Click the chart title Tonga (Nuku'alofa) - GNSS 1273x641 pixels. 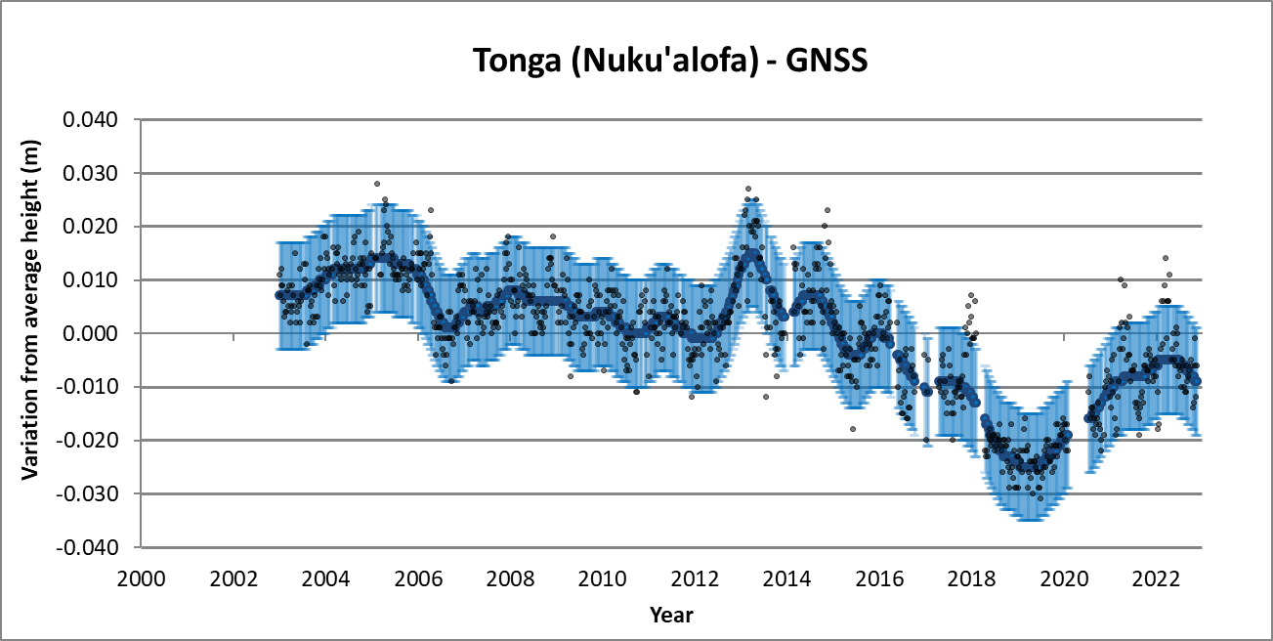[671, 61]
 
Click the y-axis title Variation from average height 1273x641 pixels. [30, 333]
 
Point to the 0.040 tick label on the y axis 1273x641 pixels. [90, 120]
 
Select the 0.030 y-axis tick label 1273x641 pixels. [90, 174]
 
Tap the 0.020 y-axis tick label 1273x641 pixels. [90, 227]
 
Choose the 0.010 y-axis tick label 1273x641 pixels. [90, 280]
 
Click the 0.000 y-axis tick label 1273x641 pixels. [90, 334]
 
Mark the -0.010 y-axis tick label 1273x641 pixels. [87, 387]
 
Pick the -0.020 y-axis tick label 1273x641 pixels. [87, 441]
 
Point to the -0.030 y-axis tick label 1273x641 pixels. [87, 494]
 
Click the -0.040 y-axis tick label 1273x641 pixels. [87, 547]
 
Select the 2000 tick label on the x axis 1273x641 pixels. [142, 577]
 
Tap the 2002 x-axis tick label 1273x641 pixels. [233, 577]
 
